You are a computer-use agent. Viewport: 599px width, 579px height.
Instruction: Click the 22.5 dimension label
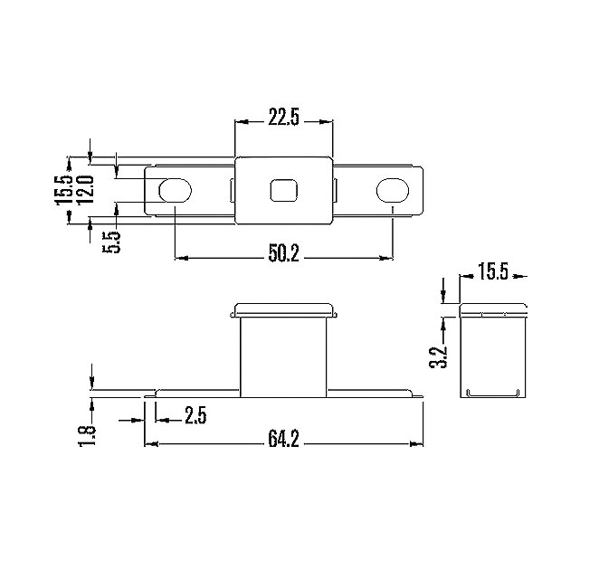[284, 118]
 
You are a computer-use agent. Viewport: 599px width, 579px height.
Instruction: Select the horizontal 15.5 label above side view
[493, 271]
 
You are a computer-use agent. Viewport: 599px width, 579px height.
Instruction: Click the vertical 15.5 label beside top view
[64, 190]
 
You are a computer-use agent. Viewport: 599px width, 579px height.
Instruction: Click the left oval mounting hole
[175, 191]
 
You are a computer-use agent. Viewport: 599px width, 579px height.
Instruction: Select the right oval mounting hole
[393, 191]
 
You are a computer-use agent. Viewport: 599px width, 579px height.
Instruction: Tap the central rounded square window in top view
[284, 191]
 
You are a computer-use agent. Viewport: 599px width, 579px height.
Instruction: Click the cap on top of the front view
[284, 310]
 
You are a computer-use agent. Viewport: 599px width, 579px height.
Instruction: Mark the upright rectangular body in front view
[284, 356]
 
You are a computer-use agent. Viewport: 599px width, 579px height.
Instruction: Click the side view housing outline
[493, 353]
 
